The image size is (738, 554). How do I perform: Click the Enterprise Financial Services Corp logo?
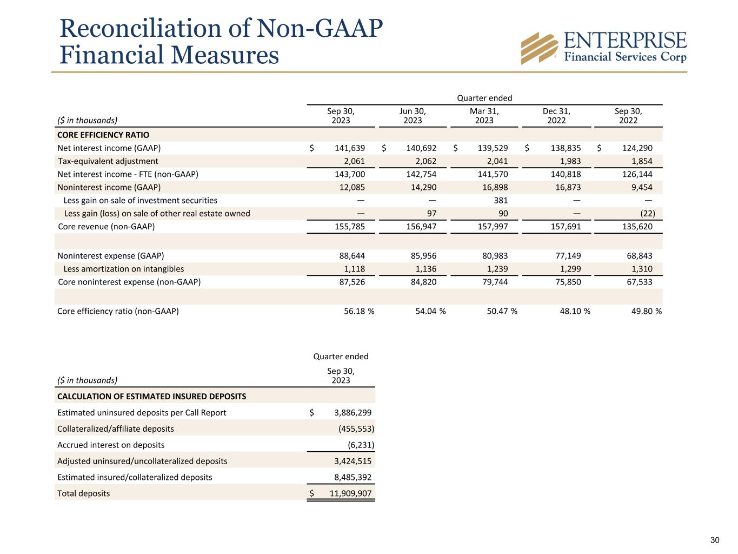[x=603, y=48]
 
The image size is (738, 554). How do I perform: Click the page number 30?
[x=715, y=540]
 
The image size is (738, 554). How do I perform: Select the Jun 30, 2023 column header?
[x=413, y=115]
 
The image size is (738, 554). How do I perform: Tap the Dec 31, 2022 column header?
[x=556, y=115]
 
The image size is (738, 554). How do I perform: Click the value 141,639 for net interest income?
[x=351, y=148]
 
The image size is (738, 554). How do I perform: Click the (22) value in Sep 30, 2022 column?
[x=647, y=213]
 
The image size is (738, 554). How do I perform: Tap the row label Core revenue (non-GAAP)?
[x=106, y=227]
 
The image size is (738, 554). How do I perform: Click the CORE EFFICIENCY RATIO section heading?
[x=103, y=135]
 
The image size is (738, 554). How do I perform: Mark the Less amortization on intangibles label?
[x=124, y=269]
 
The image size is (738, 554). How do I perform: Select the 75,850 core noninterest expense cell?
[x=567, y=282]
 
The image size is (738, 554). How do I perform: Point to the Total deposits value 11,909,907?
[x=350, y=493]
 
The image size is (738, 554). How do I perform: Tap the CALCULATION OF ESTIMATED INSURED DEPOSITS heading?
[x=151, y=397]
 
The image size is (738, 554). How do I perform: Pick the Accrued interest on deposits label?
[x=111, y=445]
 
